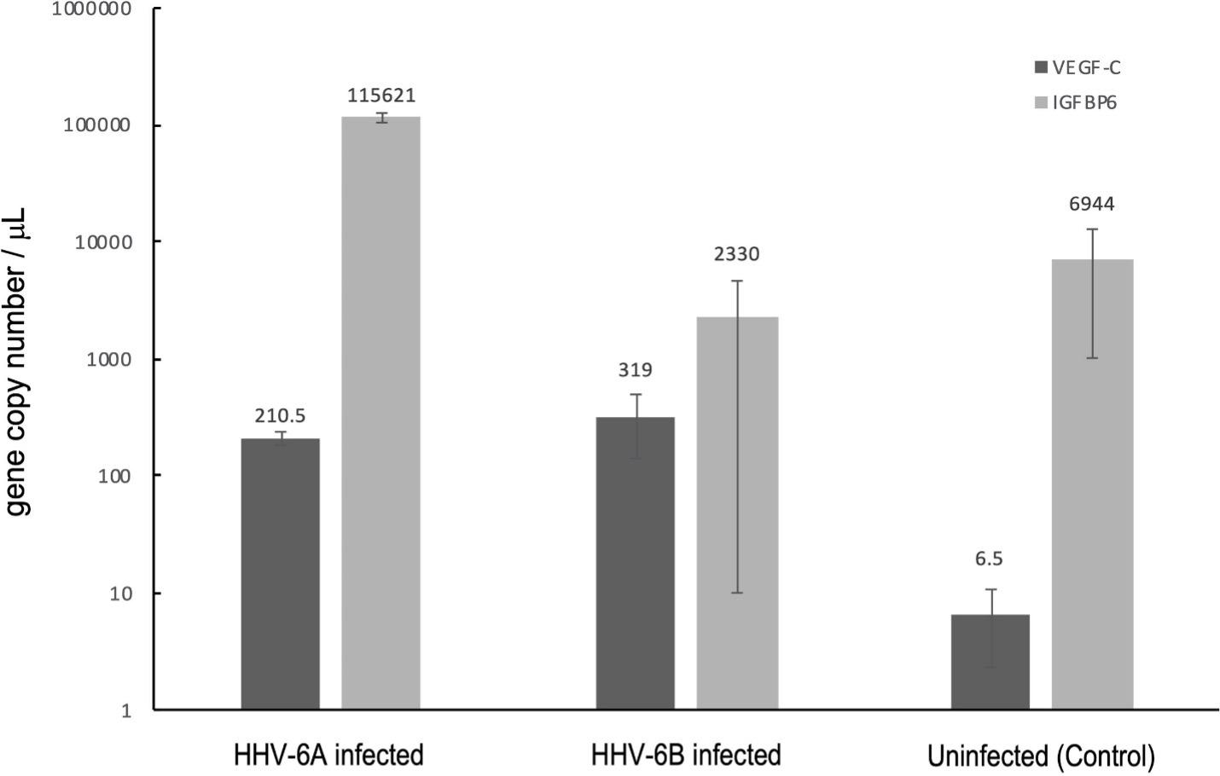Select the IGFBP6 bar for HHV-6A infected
pyautogui.click(x=381, y=413)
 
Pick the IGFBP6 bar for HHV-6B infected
pyautogui.click(x=737, y=513)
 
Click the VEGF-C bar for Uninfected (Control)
pyautogui.click(x=991, y=662)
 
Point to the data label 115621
pyautogui.click(x=381, y=96)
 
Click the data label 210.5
pyautogui.click(x=280, y=416)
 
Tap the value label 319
pyautogui.click(x=636, y=370)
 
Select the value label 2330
pyautogui.click(x=737, y=254)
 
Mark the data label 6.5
pyautogui.click(x=990, y=559)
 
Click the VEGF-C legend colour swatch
pyautogui.click(x=1039, y=68)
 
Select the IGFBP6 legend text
pyautogui.click(x=1084, y=103)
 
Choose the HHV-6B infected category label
pyautogui.click(x=686, y=756)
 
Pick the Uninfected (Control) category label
pyautogui.click(x=1041, y=756)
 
